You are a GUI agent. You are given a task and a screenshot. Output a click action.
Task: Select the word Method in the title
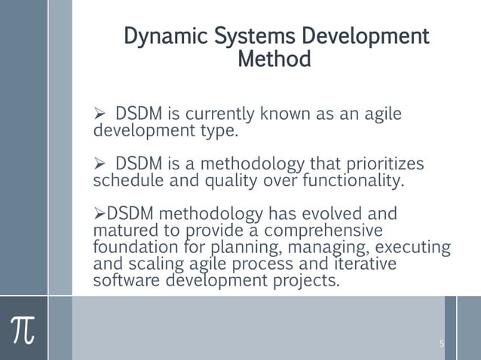(x=274, y=59)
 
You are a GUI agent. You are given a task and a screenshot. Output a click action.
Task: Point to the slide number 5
(x=442, y=344)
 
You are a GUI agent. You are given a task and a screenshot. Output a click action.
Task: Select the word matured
(x=120, y=230)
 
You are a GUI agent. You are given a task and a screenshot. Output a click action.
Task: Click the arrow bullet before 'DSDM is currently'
(x=98, y=115)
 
